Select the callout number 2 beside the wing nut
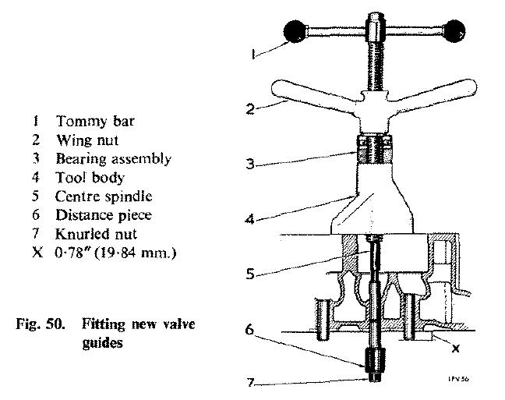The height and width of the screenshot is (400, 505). pyautogui.click(x=250, y=108)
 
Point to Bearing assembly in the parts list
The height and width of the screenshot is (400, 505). pyautogui.click(x=113, y=159)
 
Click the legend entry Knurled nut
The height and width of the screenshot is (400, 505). pyautogui.click(x=96, y=234)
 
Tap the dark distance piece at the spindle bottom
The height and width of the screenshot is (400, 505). pyautogui.click(x=375, y=362)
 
